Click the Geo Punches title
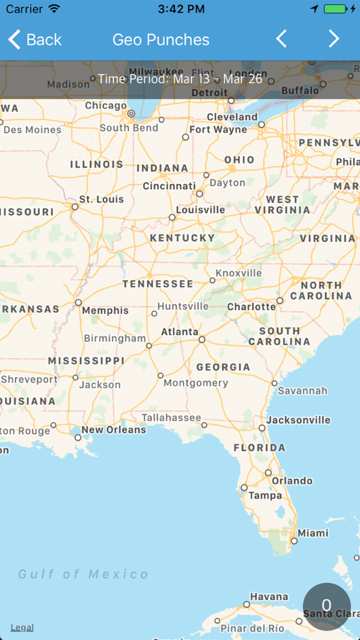(x=161, y=39)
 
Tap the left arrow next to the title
(x=281, y=39)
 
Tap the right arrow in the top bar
(x=334, y=39)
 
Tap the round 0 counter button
(x=326, y=606)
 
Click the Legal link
(x=22, y=627)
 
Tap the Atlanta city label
(x=179, y=332)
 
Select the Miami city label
(x=312, y=533)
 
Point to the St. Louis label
(x=101, y=199)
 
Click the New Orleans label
(x=114, y=430)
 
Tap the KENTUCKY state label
(x=182, y=238)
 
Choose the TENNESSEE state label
(x=157, y=284)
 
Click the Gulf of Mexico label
(x=83, y=574)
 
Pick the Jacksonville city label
(x=298, y=420)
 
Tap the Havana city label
(x=269, y=596)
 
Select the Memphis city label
(x=105, y=311)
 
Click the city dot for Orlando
(x=268, y=472)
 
